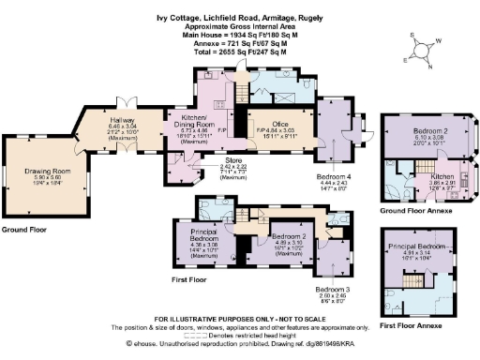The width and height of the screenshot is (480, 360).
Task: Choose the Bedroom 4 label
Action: click(x=334, y=176)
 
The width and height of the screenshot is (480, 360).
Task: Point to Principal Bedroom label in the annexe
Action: click(x=427, y=247)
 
